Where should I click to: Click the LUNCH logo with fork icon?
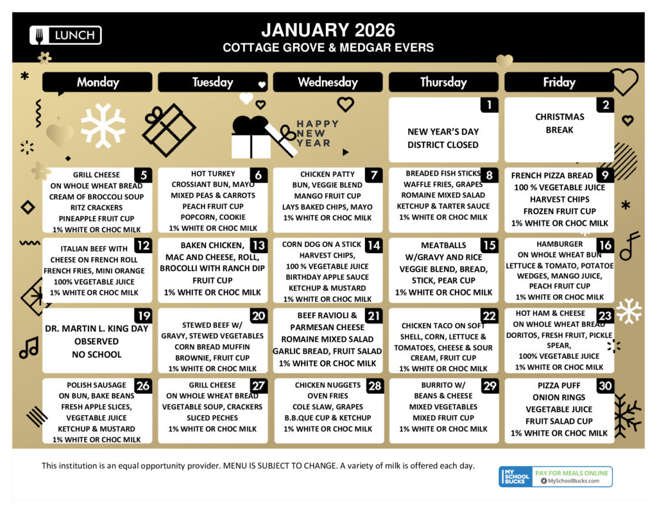(x=65, y=35)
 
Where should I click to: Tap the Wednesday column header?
(x=328, y=82)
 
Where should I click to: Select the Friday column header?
(x=559, y=82)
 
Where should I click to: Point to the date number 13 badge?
(x=258, y=246)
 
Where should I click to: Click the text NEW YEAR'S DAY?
(x=443, y=131)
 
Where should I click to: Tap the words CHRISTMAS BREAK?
(x=559, y=123)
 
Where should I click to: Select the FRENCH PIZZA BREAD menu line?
(x=552, y=176)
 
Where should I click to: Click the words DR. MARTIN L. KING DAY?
(x=97, y=329)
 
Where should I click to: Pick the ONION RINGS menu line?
(x=559, y=397)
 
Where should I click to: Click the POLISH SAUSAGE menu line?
(x=96, y=385)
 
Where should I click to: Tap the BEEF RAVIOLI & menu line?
(x=323, y=316)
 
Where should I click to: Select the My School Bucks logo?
(x=515, y=476)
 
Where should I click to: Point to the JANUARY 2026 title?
(x=328, y=29)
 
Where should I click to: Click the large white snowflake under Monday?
(x=103, y=126)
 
